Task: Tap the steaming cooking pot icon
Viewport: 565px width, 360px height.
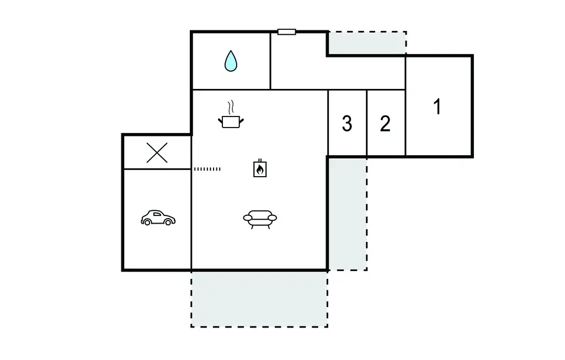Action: [232, 120]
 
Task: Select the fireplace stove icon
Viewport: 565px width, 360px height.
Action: [260, 169]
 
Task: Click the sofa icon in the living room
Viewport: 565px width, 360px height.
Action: [260, 219]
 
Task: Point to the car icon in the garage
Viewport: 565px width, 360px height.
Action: [158, 218]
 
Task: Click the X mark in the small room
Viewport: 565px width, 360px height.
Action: [157, 152]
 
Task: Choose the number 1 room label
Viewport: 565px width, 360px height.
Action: [438, 107]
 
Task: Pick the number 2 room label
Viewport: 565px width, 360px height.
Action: [385, 124]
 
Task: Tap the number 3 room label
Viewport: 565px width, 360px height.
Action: [347, 124]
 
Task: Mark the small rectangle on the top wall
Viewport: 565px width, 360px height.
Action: [286, 32]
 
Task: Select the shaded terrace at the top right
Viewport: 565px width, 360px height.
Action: [367, 43]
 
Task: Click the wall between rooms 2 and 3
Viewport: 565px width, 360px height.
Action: [367, 123]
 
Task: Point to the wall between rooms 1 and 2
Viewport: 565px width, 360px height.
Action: [406, 123]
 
